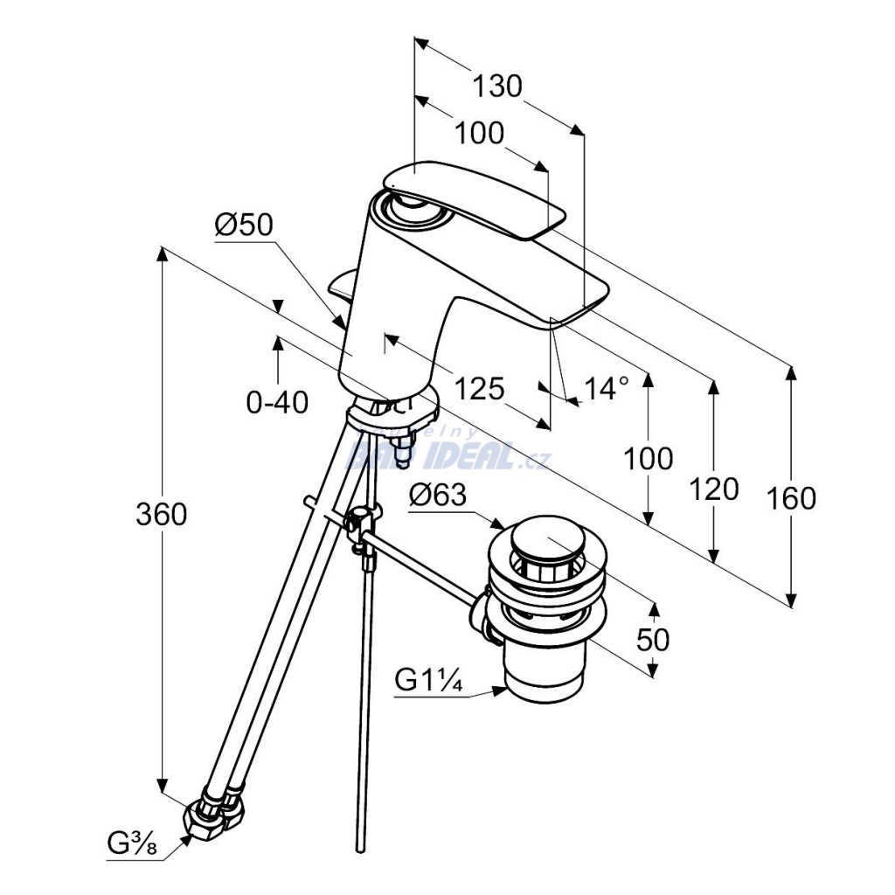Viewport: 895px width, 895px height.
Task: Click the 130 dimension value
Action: (496, 87)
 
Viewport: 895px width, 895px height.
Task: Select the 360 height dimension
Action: (161, 515)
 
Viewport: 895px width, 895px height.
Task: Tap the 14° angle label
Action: (607, 387)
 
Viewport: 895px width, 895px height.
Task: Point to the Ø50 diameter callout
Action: (244, 225)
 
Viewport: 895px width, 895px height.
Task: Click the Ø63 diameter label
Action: (437, 496)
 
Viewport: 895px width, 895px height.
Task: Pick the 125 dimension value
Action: (480, 388)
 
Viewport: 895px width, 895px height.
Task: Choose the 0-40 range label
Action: (277, 403)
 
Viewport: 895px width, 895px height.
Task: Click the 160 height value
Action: (791, 498)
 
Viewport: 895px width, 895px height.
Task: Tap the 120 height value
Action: (714, 489)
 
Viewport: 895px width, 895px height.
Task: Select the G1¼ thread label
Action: (427, 680)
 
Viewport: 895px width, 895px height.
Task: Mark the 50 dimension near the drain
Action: (652, 640)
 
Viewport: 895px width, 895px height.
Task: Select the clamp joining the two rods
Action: (361, 524)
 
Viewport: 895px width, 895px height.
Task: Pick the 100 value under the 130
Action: (480, 133)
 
